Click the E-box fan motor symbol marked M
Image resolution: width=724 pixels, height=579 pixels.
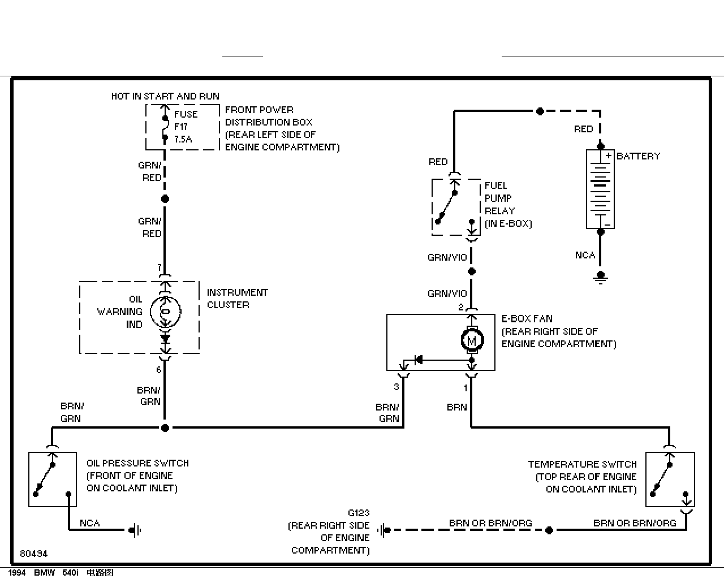click(472, 340)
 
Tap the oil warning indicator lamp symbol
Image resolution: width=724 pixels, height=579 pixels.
click(165, 312)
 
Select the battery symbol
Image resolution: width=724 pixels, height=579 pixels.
click(600, 189)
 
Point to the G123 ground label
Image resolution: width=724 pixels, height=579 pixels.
click(359, 513)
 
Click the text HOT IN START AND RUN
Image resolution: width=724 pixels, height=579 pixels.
click(165, 96)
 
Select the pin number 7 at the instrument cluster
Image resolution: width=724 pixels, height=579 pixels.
click(160, 267)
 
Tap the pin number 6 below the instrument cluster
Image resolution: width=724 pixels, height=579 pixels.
click(159, 370)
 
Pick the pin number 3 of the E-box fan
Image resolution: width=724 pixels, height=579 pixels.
click(397, 387)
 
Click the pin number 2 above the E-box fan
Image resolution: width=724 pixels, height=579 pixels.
click(461, 307)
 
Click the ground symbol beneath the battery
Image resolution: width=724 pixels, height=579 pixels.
click(601, 278)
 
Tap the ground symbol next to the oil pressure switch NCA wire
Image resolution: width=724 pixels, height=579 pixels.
click(135, 530)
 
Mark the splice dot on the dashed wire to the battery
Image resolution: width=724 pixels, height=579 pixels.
click(540, 111)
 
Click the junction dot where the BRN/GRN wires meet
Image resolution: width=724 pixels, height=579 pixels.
click(165, 428)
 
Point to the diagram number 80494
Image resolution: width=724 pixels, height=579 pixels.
click(33, 554)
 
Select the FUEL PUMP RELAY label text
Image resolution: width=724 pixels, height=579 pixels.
click(508, 205)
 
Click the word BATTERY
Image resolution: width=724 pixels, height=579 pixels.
click(638, 156)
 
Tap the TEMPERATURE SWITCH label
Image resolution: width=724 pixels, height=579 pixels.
click(583, 464)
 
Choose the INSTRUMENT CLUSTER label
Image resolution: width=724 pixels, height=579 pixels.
click(237, 299)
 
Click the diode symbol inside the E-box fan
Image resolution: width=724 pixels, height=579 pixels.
click(419, 360)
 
